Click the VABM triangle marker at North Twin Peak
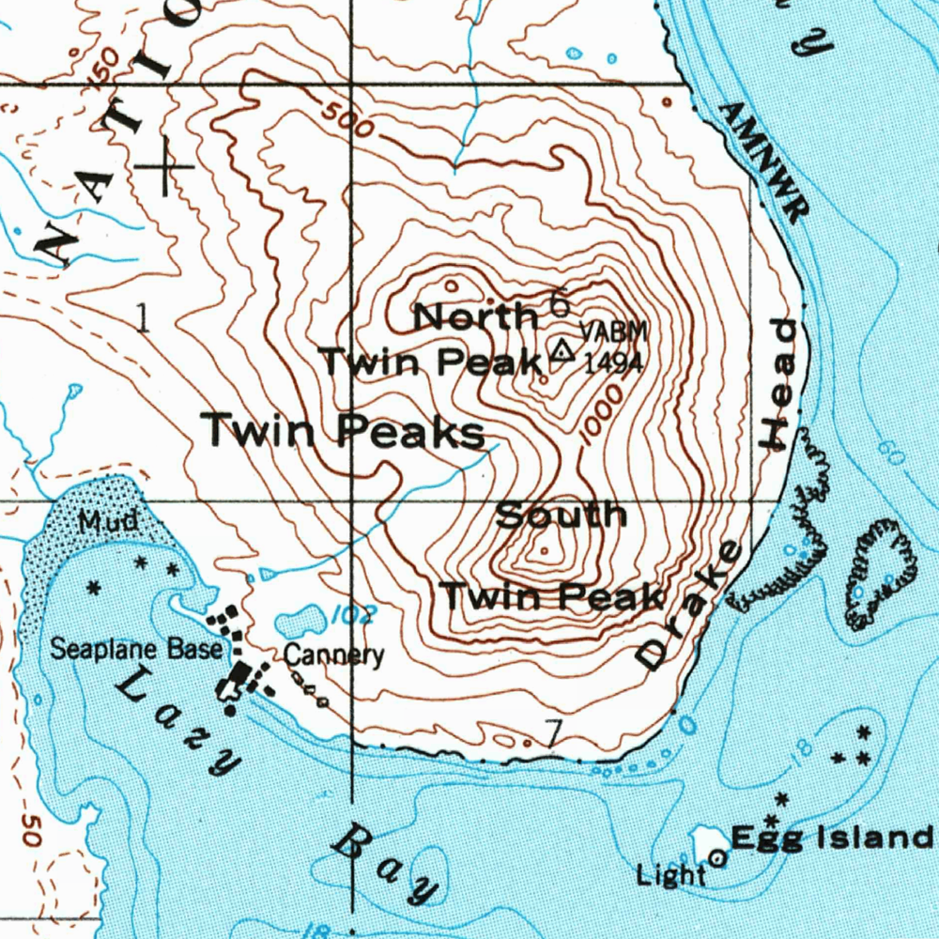click(562, 352)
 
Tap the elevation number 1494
click(613, 362)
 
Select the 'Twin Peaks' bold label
click(345, 432)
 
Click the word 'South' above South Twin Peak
click(561, 516)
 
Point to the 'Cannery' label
click(333, 654)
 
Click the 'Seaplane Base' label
click(136, 648)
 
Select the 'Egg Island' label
click(831, 837)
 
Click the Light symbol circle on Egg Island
click(718, 856)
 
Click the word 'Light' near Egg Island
click(670, 875)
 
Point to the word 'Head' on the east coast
click(784, 384)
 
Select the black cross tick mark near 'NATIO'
click(166, 167)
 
